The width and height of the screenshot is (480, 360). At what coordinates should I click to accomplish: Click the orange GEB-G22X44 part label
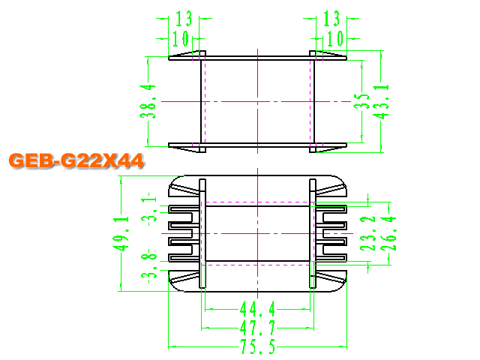point(76,160)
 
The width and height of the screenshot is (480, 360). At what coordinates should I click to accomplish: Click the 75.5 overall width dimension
point(257,346)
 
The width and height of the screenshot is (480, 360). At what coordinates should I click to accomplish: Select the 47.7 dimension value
point(257,328)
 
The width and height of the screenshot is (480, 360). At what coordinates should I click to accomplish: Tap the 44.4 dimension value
point(257,309)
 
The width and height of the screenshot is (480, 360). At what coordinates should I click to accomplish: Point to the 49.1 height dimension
point(121,233)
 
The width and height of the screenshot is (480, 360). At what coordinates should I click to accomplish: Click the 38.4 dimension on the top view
point(148,101)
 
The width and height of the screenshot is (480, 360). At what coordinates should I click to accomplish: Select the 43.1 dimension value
point(381,101)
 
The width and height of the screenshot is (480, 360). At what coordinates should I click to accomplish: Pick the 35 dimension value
point(361,101)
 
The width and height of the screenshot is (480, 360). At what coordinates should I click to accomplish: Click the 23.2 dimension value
point(367,233)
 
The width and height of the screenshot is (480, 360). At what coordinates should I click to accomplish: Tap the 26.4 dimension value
point(388,233)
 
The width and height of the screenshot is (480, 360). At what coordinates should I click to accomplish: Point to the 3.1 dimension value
point(149,209)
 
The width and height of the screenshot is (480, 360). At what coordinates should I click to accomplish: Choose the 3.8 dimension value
point(149,266)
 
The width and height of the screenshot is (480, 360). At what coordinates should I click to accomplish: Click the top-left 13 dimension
point(184,18)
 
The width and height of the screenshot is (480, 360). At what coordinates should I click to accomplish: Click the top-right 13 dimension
point(331,18)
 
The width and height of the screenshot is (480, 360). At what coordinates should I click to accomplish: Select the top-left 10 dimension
point(181,38)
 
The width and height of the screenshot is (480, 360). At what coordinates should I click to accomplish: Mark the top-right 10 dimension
point(335,38)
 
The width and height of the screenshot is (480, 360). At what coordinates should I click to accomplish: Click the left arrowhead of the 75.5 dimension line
point(172,346)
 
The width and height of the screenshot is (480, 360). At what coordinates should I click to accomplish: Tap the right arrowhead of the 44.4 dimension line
point(307,309)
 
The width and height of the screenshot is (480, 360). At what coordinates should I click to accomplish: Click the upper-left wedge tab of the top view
point(184,54)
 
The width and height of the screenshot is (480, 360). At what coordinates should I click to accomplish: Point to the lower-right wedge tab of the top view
point(331,149)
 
